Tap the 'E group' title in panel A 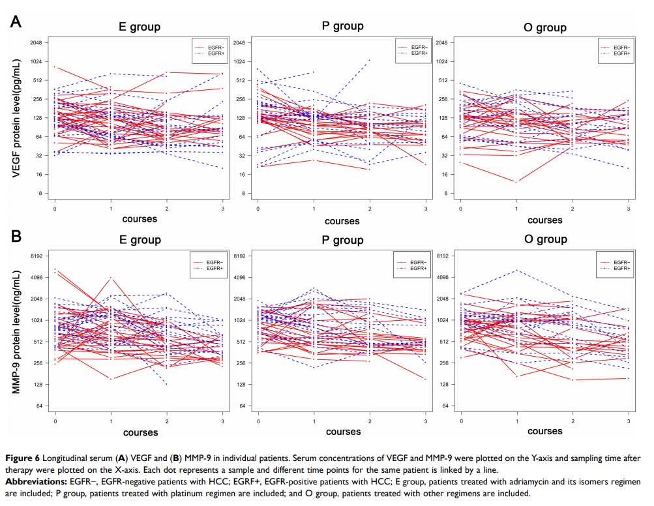pos(139,27)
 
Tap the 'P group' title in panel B pos(342,240)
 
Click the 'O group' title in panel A pos(544,27)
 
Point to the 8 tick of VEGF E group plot pos(38,194)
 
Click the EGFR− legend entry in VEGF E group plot pos(216,47)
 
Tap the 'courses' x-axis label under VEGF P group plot pos(342,222)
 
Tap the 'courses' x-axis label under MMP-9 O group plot pos(544,431)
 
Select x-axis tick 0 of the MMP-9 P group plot pos(259,421)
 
